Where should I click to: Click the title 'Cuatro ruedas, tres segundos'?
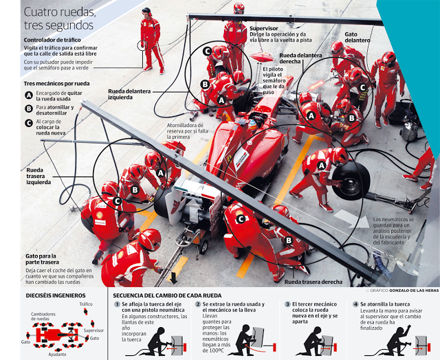[x=60, y=19]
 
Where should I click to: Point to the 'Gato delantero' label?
[x=357, y=36]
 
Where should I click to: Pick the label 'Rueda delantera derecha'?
[x=300, y=59]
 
